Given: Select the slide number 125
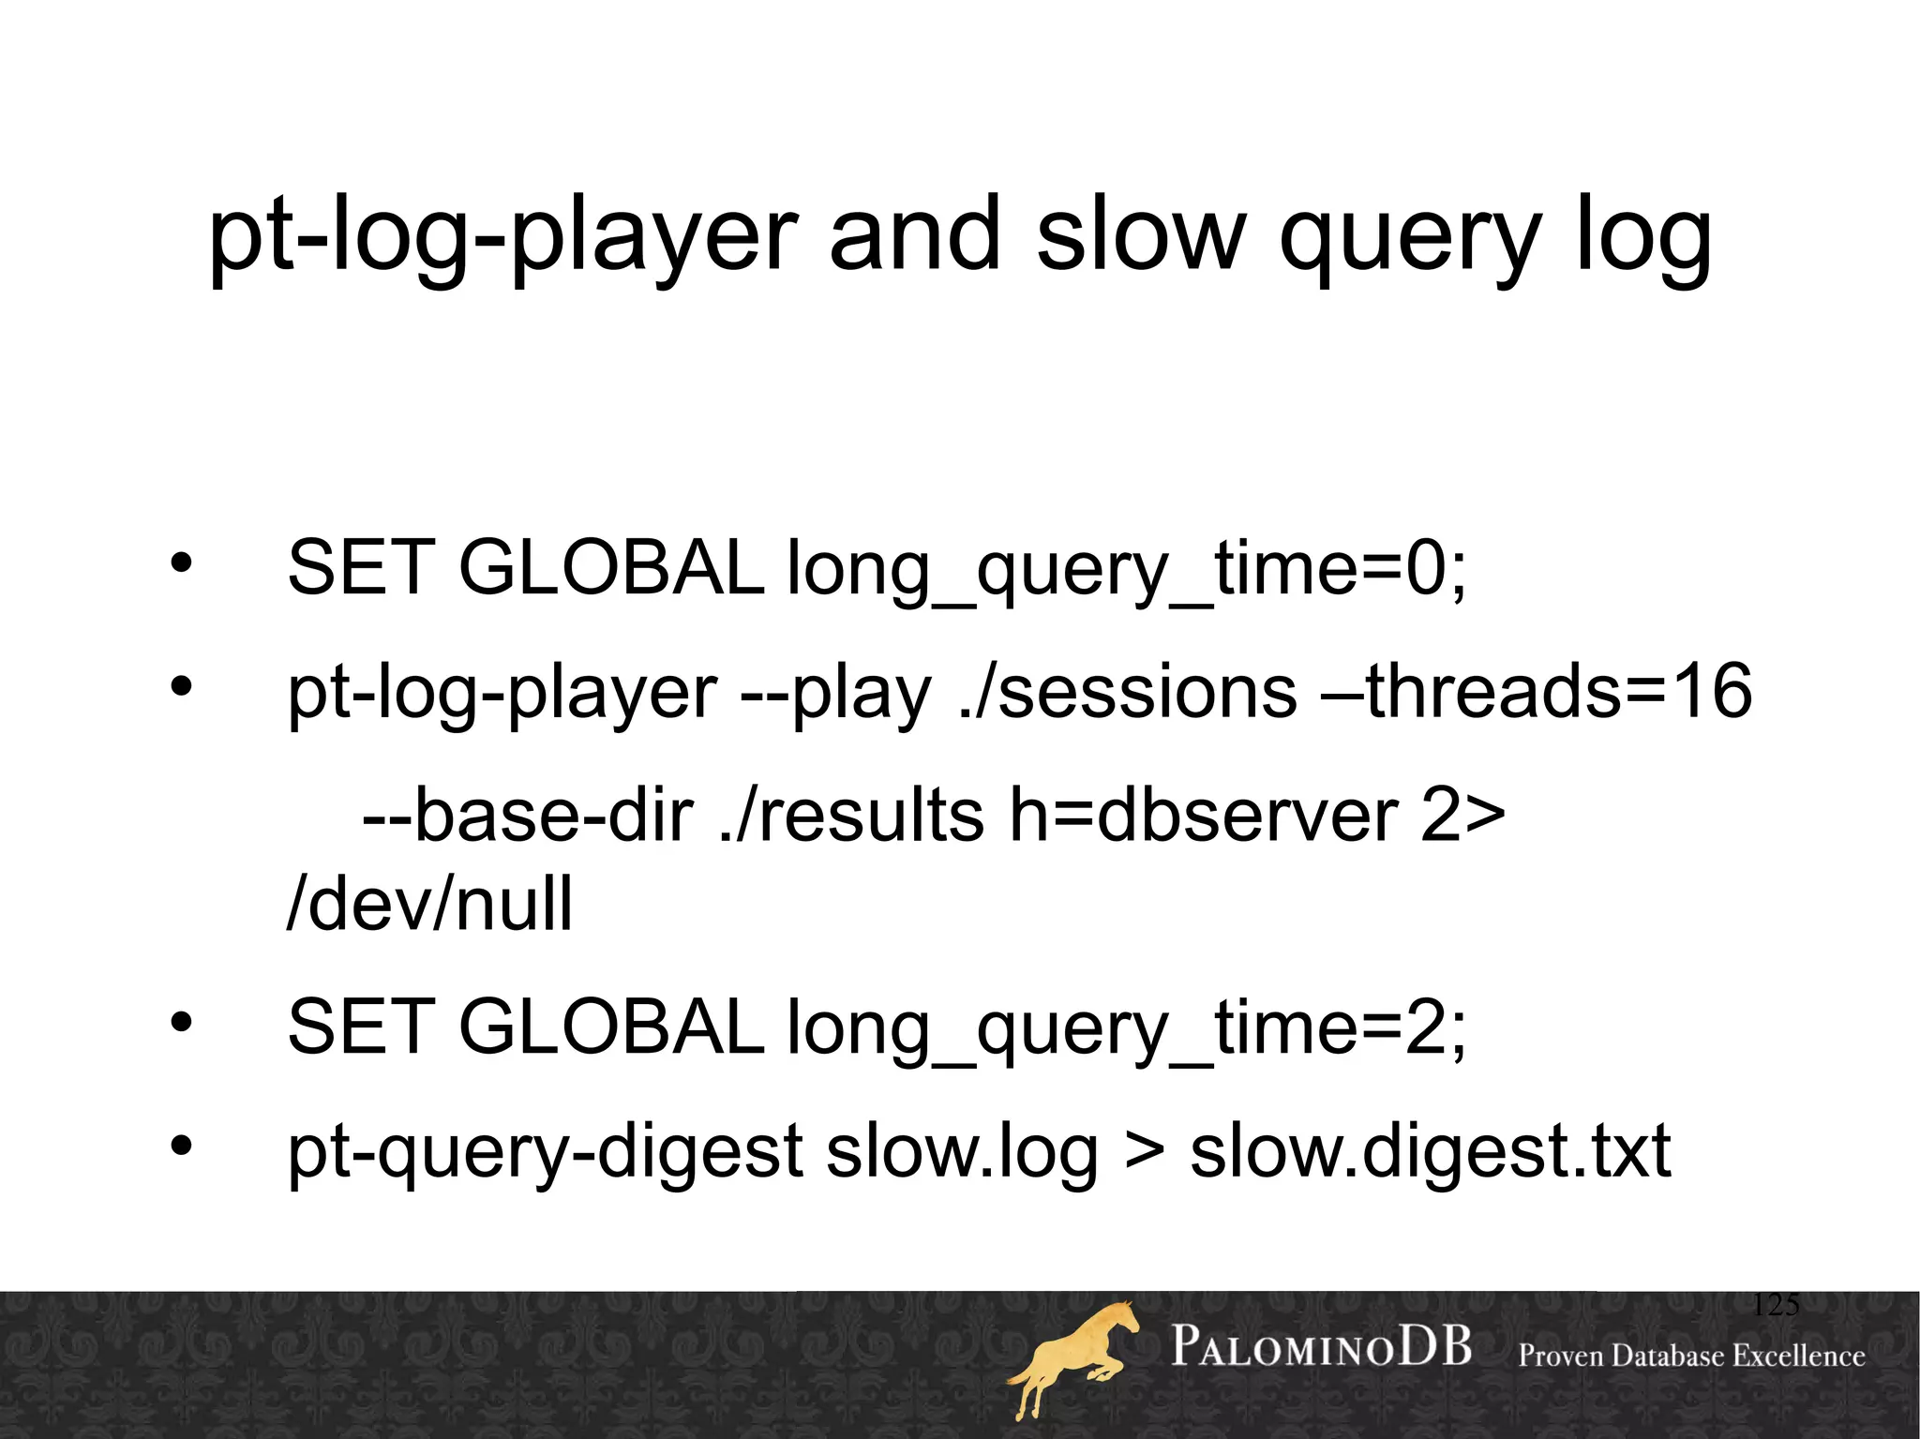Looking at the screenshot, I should point(1775,1305).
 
